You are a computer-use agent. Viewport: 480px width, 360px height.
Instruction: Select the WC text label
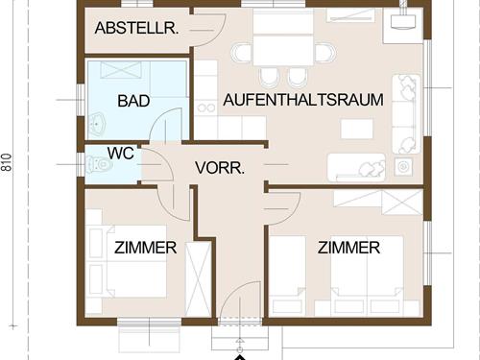(120, 153)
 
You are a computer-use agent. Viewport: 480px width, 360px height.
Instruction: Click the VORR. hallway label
(220, 167)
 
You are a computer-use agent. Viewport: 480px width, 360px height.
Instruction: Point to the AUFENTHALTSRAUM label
(303, 99)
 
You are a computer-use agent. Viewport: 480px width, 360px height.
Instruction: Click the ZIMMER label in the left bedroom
(145, 248)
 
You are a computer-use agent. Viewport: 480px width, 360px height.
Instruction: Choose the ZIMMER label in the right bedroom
(348, 248)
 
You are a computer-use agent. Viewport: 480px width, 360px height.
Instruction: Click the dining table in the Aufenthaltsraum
(283, 47)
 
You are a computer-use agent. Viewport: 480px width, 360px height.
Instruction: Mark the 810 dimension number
(8, 164)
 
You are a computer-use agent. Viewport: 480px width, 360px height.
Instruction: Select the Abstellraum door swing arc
(204, 29)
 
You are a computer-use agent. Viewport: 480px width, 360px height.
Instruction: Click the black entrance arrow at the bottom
(240, 356)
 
